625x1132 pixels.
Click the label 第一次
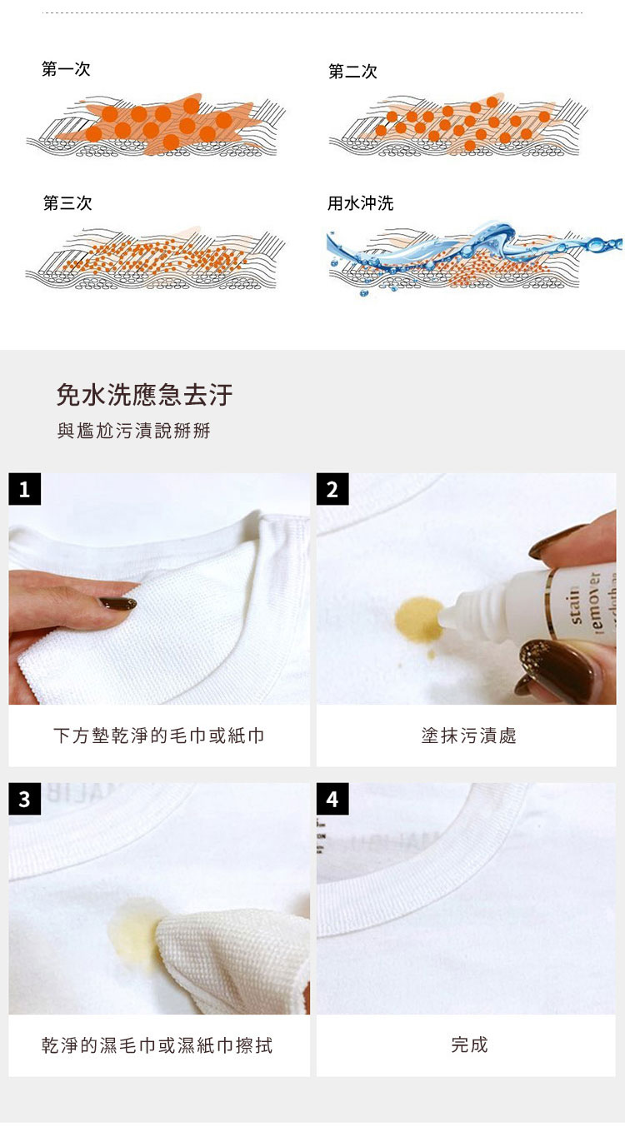66,69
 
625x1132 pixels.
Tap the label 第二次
352,72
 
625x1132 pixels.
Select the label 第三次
67,203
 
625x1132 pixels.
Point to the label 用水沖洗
360,203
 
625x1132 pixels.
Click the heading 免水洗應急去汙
144,394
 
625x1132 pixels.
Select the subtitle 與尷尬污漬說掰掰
133,431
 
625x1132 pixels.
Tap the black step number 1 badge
24,489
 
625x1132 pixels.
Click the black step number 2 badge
332,489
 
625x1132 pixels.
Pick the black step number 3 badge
24,799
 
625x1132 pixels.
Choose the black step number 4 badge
332,799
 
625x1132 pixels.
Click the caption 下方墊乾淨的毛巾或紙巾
159,736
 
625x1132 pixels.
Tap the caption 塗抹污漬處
468,736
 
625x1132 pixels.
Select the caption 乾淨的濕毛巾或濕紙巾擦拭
157,1045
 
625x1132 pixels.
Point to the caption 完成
469,1045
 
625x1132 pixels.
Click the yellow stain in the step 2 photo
419,621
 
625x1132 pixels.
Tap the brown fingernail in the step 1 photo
117,603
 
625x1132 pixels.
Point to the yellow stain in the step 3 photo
133,936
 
